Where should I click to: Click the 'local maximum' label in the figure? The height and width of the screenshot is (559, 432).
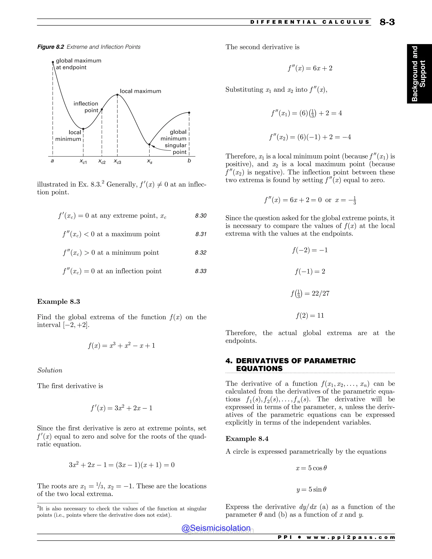coord(140,91)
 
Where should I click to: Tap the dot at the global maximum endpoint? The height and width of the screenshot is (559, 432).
coord(53,62)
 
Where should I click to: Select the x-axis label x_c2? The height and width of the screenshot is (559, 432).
coord(102,162)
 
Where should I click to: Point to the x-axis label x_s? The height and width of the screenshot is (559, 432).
coord(150,162)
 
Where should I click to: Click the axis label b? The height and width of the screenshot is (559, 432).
coord(189,161)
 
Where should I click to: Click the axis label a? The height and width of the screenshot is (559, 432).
coord(52,161)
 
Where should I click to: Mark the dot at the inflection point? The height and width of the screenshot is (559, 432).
coord(102,109)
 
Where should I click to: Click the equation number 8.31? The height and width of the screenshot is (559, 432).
coord(201,234)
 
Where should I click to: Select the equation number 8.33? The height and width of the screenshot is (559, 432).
coord(201,271)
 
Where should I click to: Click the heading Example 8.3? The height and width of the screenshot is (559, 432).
coord(59,301)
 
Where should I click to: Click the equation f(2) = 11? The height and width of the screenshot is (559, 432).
coord(310,315)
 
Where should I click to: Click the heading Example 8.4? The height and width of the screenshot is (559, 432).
coord(247,439)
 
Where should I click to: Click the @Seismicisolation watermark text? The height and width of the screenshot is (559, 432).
coord(216,528)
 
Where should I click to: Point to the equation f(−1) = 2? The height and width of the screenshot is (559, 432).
coord(310,271)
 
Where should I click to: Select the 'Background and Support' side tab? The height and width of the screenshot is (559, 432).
coord(419,74)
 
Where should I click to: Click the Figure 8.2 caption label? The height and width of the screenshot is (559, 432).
coord(51,47)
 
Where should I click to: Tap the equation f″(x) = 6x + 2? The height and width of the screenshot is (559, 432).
coord(310,68)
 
